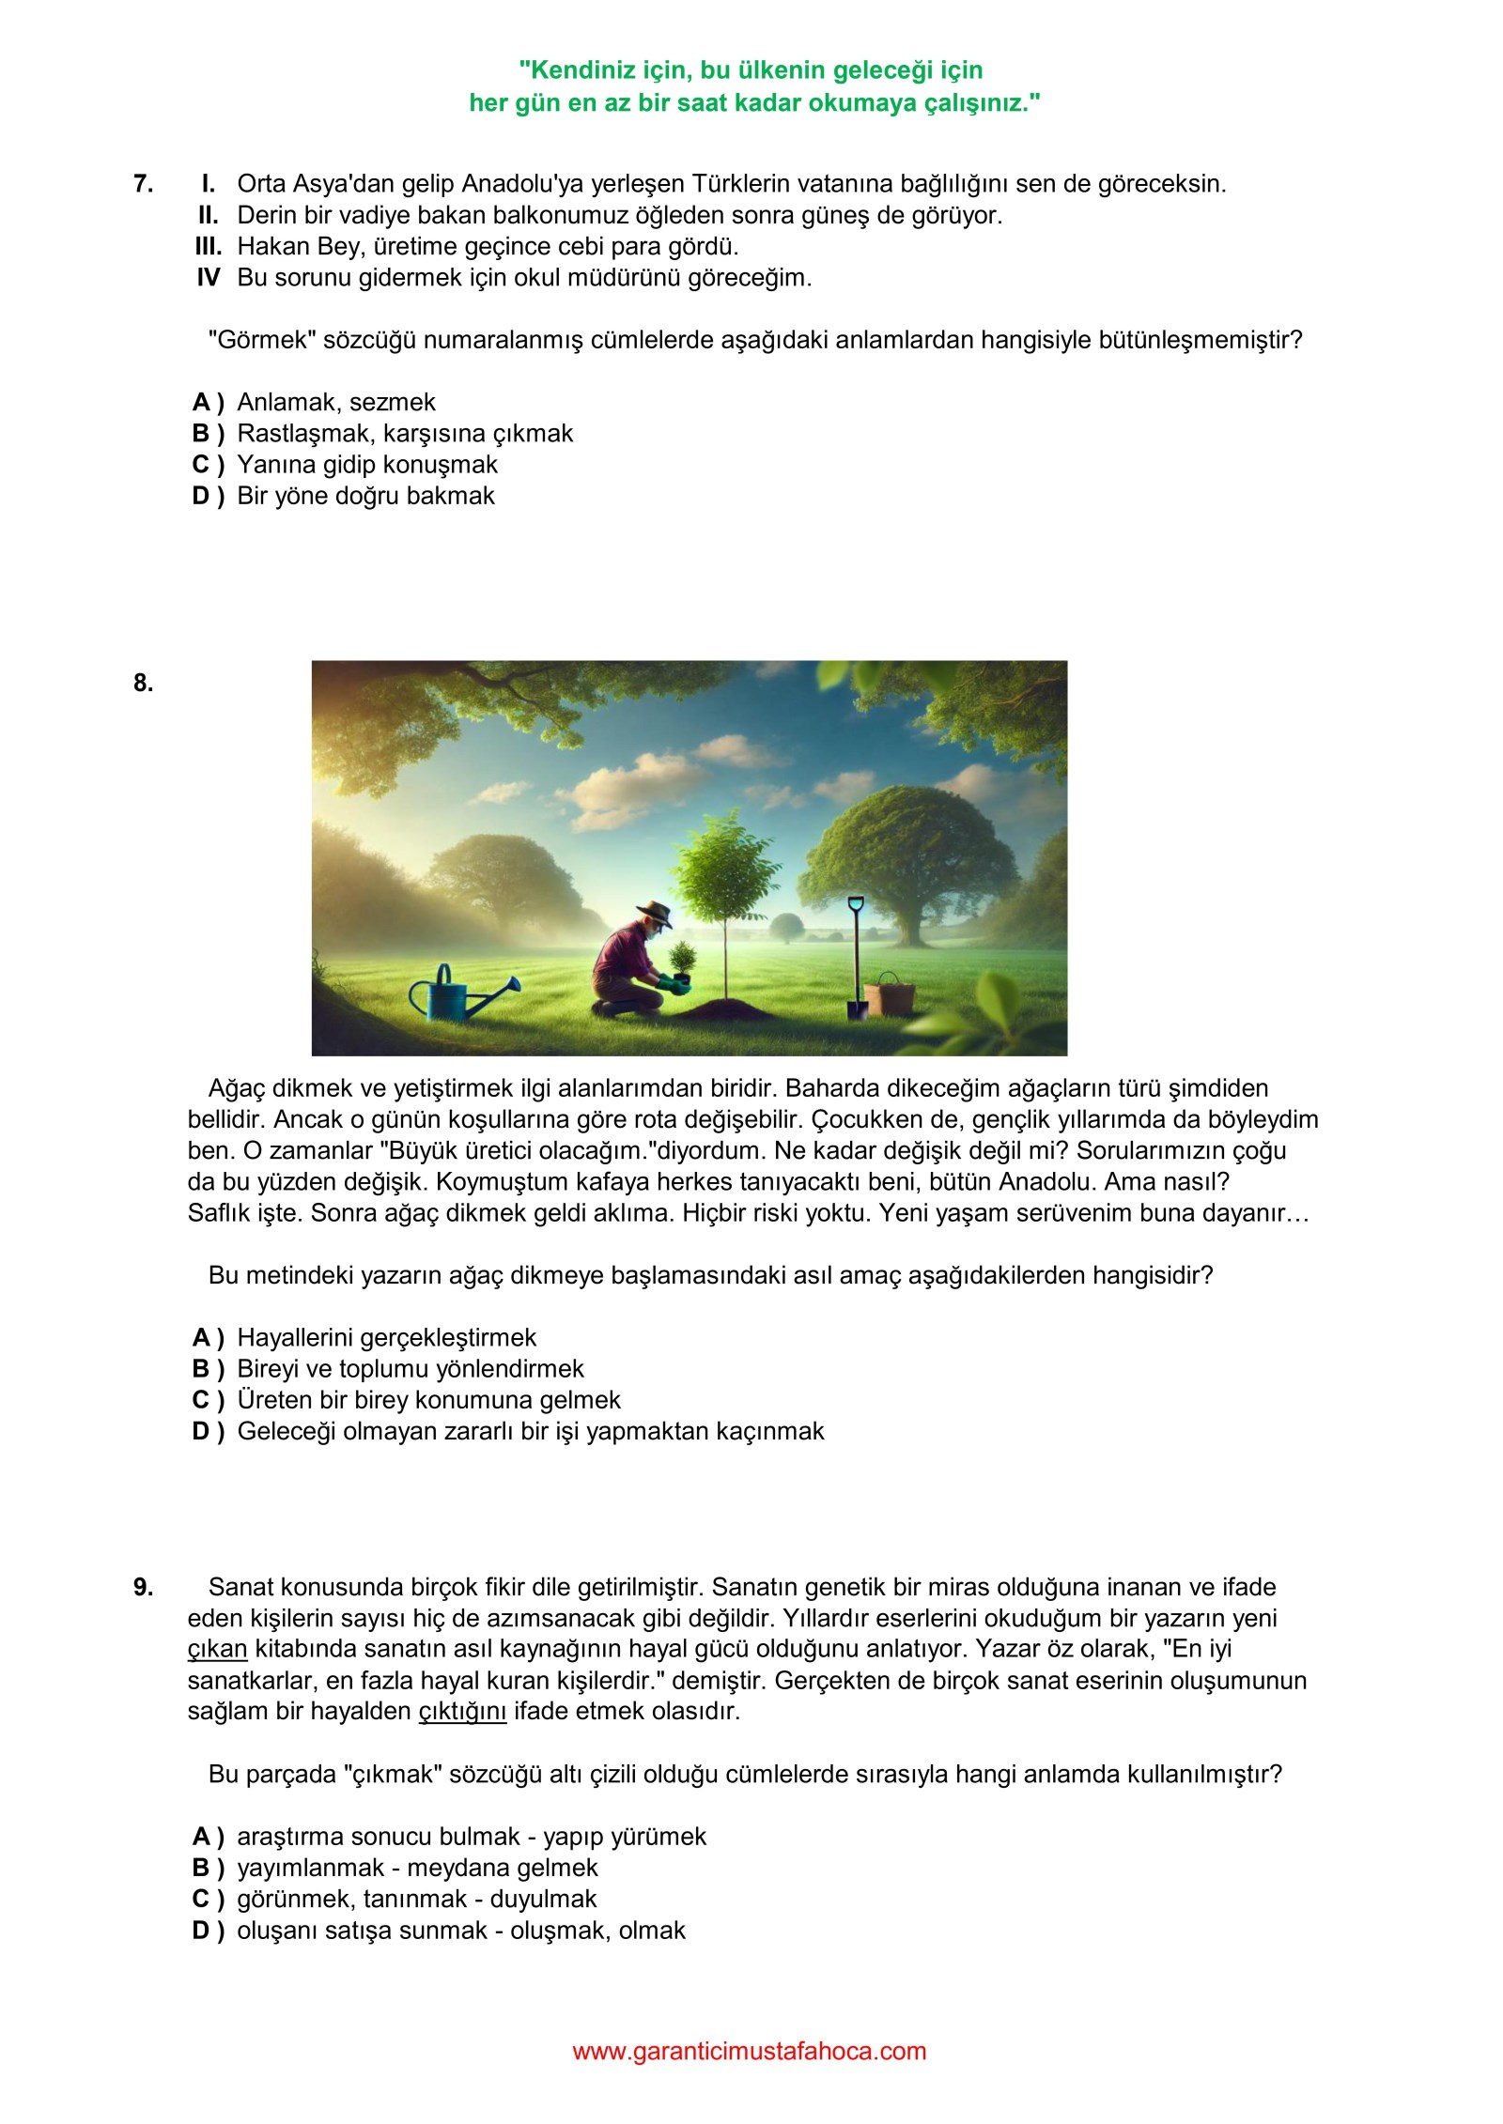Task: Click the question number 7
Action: (143, 183)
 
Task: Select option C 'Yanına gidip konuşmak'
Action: (366, 464)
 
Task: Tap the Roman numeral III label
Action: (208, 246)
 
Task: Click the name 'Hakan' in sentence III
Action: (271, 246)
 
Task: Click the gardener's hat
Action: (654, 913)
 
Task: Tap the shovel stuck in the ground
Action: (857, 958)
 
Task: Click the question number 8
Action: (143, 683)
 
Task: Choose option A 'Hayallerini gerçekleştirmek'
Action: (385, 1337)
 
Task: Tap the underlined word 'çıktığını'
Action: (462, 1711)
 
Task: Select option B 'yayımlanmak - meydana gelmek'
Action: (416, 1868)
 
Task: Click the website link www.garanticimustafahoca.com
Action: (750, 2051)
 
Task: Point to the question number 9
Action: (143, 1587)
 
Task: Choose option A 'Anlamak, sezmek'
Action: (335, 402)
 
